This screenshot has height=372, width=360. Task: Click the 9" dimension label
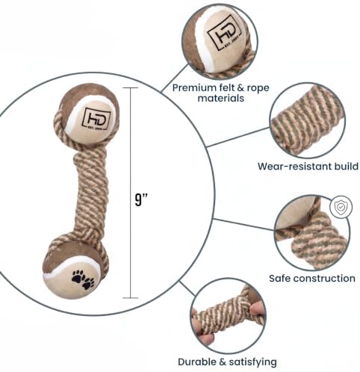141,199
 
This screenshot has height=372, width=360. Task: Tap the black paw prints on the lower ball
83,279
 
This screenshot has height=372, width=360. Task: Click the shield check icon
341,207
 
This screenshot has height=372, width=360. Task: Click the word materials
221,98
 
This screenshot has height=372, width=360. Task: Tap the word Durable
198,362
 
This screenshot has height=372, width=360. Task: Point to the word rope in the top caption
258,89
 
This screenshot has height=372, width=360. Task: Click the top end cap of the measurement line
131,88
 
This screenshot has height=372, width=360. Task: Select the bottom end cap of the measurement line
131,298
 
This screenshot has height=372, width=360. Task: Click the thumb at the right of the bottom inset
258,309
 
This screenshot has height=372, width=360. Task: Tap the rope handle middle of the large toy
91,191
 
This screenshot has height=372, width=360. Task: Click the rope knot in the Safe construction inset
320,240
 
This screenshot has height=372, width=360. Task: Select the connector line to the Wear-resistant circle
238,137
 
